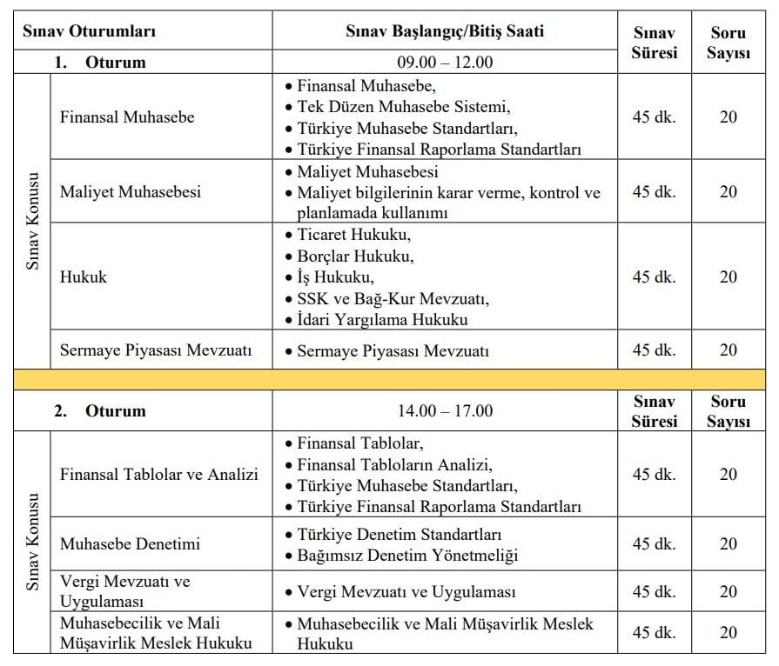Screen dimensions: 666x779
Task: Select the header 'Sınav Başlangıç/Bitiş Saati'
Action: click(445, 32)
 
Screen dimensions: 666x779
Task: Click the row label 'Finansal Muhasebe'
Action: click(127, 117)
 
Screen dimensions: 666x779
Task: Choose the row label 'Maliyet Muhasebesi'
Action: click(130, 191)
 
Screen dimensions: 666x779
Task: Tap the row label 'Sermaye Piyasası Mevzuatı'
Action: click(156, 350)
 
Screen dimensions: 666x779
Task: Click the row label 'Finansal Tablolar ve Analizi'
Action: click(159, 475)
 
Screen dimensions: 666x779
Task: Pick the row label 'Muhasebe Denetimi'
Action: click(130, 544)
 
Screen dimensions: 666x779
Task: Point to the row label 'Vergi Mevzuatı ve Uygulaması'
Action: click(124, 591)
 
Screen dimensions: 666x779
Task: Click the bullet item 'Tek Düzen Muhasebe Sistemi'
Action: click(403, 107)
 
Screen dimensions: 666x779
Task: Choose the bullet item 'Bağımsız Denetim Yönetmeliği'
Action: click(407, 555)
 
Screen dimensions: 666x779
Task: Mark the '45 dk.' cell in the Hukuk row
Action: click(654, 277)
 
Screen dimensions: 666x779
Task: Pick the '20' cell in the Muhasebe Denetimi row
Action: click(729, 544)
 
